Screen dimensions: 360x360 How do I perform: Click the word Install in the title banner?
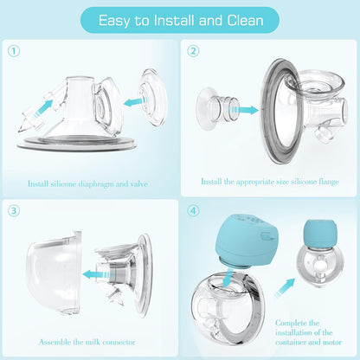[174, 20]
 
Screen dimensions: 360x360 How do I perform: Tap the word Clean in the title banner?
[245, 20]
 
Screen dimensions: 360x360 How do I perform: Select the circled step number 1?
[14, 51]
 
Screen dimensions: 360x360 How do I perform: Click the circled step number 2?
[193, 51]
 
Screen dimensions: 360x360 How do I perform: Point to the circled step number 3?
[14, 211]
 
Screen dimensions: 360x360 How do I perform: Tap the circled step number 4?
[193, 211]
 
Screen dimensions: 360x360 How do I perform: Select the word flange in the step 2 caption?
[329, 182]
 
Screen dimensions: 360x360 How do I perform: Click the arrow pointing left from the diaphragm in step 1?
[135, 101]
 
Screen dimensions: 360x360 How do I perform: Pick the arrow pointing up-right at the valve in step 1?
[42, 108]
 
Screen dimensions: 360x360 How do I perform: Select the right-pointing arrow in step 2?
[244, 110]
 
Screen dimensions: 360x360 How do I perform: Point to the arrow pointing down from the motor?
[228, 276]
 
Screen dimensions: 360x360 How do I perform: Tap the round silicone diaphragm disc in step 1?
[153, 97]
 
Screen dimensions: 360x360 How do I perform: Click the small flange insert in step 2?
[217, 108]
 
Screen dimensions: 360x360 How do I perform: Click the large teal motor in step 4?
[246, 245]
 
